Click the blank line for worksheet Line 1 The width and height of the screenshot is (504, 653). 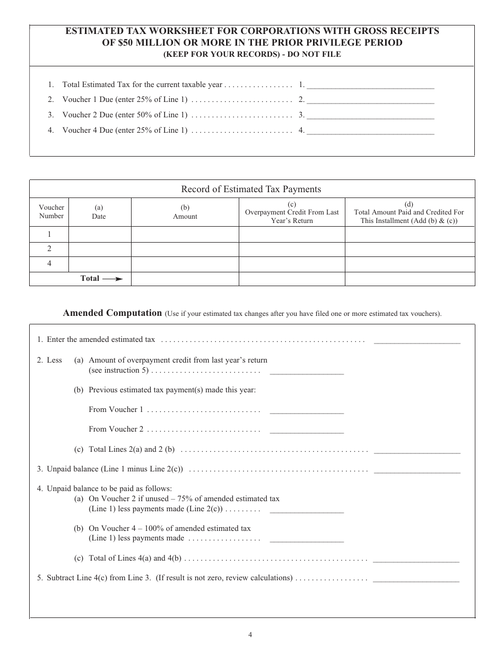tap(370, 85)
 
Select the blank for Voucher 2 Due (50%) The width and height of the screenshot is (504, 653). tap(370, 115)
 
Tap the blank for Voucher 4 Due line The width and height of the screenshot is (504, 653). tap(370, 130)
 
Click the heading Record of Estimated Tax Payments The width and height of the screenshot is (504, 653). tap(251, 189)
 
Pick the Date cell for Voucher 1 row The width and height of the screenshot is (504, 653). tap(99, 234)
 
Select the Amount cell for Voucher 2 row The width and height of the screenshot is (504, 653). tap(185, 249)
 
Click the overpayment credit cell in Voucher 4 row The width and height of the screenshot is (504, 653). tap(291, 264)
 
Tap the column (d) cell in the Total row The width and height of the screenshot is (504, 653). tap(410, 279)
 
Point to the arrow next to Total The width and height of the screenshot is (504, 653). tap(112, 279)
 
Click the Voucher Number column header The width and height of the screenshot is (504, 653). tap(51, 212)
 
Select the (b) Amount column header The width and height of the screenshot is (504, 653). tap(185, 212)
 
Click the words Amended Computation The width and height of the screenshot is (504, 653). tap(112, 313)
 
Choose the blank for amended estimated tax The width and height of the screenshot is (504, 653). tap(417, 341)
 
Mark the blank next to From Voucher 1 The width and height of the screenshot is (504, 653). tap(307, 410)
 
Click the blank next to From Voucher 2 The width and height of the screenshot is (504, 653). tap(307, 430)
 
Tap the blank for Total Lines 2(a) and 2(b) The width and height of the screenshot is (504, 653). tap(417, 450)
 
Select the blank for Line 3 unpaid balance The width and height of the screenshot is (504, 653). tap(417, 470)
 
